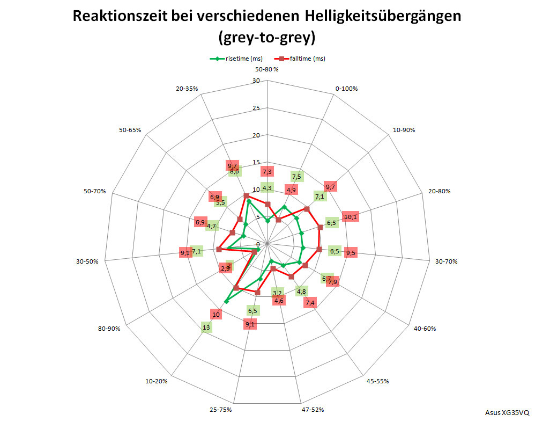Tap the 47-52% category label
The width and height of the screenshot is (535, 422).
[x=311, y=410]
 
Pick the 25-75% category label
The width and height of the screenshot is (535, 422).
[x=221, y=410]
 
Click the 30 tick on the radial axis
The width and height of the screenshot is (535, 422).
[x=256, y=81]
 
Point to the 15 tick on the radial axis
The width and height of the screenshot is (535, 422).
[x=256, y=163]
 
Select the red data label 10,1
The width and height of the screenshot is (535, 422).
[x=351, y=217]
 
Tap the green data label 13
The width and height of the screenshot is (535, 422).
[x=205, y=328]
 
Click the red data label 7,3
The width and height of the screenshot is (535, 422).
[x=267, y=171]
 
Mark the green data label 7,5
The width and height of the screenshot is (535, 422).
[x=296, y=177]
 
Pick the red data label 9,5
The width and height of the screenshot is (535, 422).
[x=351, y=253]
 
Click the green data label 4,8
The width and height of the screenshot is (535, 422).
[x=301, y=292]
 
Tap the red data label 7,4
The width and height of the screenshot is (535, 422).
[x=309, y=303]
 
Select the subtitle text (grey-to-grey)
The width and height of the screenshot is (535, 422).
[x=266, y=38]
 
